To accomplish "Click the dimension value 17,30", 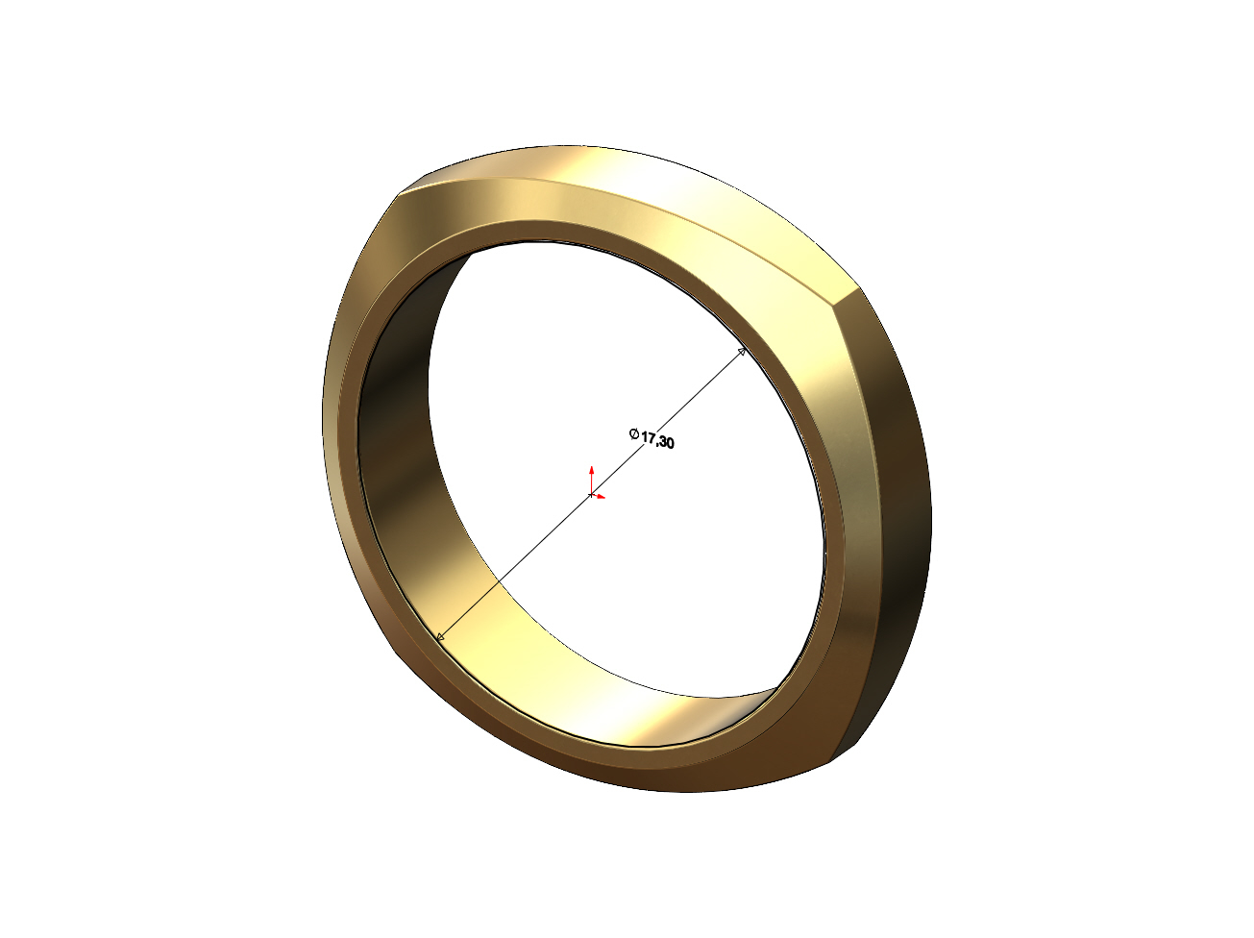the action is (657, 440).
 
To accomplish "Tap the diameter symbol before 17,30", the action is (633, 433).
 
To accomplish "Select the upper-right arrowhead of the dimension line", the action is (742, 352).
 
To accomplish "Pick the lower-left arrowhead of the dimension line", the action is (440, 636).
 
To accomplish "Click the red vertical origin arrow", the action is (591, 479).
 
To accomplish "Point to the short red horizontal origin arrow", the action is (598, 497).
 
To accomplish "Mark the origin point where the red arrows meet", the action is (591, 494).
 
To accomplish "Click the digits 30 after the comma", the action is (667, 442).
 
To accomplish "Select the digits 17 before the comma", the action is (649, 437).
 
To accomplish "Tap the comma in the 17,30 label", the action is (657, 443).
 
